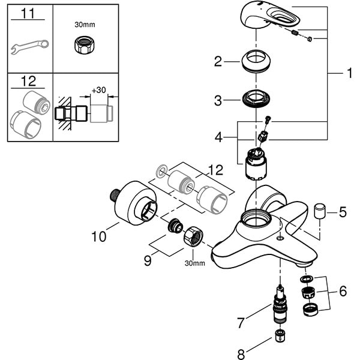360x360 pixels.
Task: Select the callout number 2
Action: (218, 61)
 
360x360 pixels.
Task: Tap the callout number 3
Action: (218, 100)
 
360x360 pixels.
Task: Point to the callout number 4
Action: (218, 138)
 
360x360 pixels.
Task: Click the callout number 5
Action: (343, 212)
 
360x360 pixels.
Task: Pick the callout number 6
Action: (343, 291)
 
